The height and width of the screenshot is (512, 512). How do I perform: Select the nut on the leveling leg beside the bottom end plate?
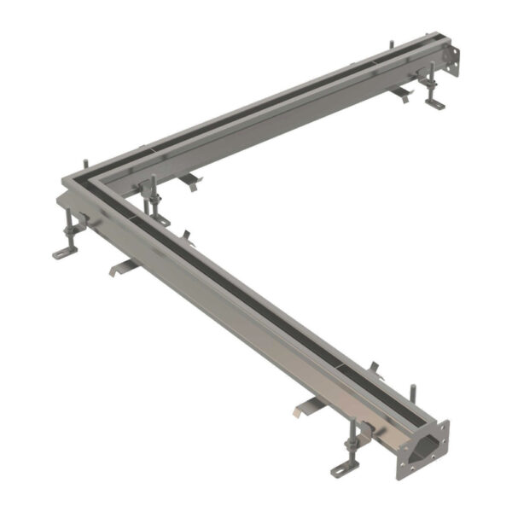pyautogui.click(x=352, y=445)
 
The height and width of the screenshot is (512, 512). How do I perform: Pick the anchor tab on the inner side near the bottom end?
pyautogui.click(x=373, y=368)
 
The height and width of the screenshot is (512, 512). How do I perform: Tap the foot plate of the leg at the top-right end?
pyautogui.click(x=435, y=103)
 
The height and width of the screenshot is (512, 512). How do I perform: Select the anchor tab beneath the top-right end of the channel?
pyautogui.click(x=401, y=92)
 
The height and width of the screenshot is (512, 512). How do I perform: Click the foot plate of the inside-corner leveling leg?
pyautogui.click(x=160, y=220)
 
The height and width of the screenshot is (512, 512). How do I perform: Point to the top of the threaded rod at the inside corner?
pyautogui.click(x=153, y=179)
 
